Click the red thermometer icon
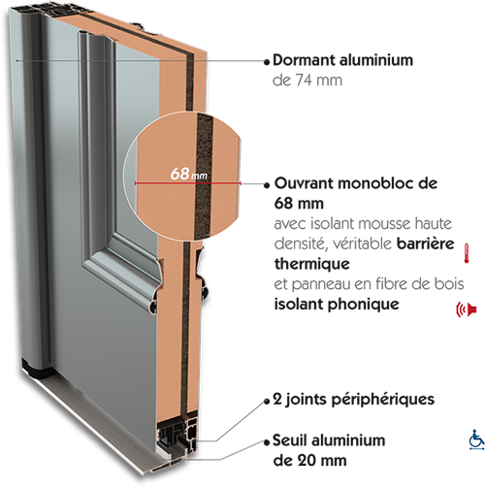click(x=467, y=253)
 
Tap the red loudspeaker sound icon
click(x=467, y=309)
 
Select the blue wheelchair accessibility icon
click(x=476, y=439)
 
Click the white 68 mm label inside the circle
click(x=188, y=174)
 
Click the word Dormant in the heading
click(x=304, y=60)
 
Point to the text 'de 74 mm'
click(x=307, y=81)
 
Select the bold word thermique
click(x=312, y=264)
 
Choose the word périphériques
click(x=383, y=400)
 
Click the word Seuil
click(x=288, y=440)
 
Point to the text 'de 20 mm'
click(x=309, y=461)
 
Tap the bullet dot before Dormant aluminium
click(x=267, y=62)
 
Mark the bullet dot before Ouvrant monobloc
click(x=267, y=185)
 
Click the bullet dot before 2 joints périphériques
click(x=267, y=402)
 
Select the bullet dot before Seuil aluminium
click(x=267, y=442)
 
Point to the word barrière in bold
click(x=425, y=243)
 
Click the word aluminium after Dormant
click(x=375, y=60)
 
